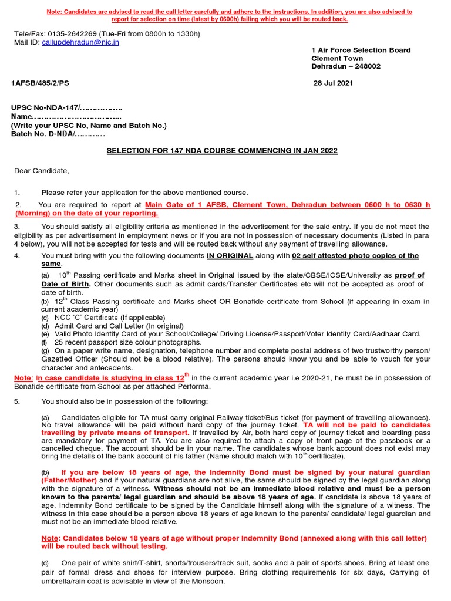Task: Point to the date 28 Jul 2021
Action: [334, 83]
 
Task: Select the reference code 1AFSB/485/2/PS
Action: [40, 83]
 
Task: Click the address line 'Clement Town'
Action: [337, 59]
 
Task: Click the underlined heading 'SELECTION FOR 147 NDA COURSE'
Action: [222, 151]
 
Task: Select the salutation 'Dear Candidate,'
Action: [42, 171]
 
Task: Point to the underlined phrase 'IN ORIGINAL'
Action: [230, 256]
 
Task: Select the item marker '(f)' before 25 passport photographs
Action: [45, 342]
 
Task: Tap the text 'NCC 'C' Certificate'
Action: [86, 318]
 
